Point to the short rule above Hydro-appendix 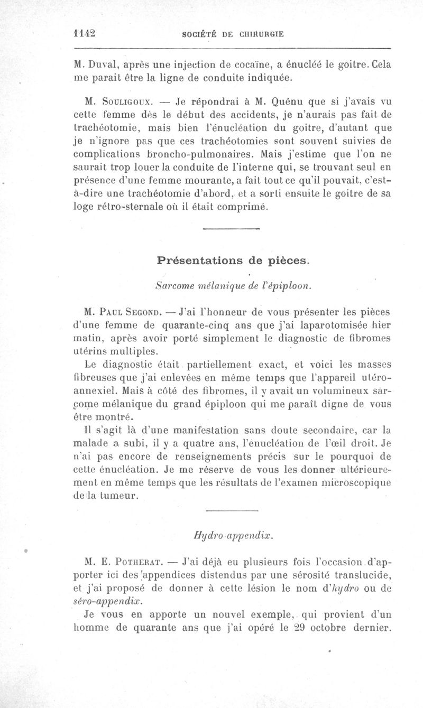(x=231, y=511)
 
